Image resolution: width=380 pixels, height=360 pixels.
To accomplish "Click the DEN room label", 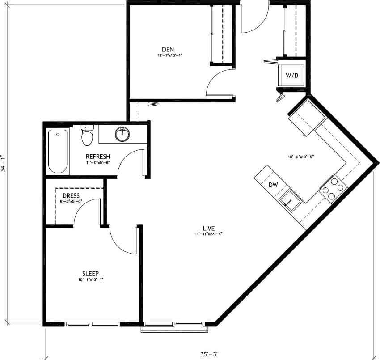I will tap(168, 49).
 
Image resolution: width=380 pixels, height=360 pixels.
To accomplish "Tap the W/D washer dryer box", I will tap(291, 75).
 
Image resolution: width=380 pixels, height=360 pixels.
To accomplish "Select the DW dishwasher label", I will tap(273, 185).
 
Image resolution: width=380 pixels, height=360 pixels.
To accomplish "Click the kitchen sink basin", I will tap(289, 200).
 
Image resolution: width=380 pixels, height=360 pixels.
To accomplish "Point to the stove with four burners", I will tap(333, 188).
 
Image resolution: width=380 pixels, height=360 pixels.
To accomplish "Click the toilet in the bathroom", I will tap(87, 136).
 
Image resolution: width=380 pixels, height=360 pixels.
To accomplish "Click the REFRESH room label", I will tap(98, 157).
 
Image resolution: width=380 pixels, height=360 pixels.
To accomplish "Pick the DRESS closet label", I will tap(71, 196).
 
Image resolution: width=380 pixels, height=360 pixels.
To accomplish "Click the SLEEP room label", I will tap(90, 274).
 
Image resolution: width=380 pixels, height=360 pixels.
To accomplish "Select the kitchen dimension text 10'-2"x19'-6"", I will tap(301, 157).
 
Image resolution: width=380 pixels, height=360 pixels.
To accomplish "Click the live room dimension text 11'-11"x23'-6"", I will tap(208, 234).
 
